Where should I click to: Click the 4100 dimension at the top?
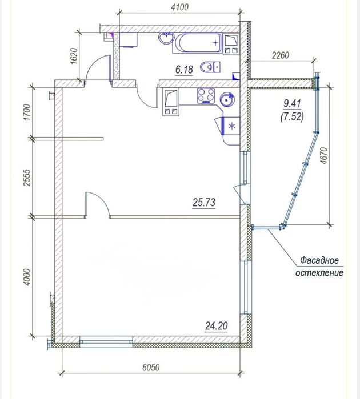pos(179,7)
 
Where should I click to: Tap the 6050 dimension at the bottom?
pos(151,368)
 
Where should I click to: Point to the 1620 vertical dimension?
pos(74,56)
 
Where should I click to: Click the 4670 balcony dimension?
pos(323,155)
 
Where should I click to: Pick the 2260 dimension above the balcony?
pos(280,55)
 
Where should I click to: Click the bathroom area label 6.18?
pos(184,70)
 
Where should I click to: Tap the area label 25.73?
pos(204,203)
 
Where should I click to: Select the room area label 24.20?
pos(217,326)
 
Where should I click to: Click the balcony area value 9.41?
pos(292,104)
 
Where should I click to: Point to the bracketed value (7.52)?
pos(292,117)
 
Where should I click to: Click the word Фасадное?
pos(319,260)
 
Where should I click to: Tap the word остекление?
pos(319,273)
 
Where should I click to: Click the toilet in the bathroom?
pos(210,67)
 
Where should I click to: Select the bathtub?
pos(197,43)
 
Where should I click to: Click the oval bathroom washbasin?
pos(166,38)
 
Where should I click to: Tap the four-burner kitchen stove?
pos(206,95)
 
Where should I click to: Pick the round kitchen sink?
pos(227,99)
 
